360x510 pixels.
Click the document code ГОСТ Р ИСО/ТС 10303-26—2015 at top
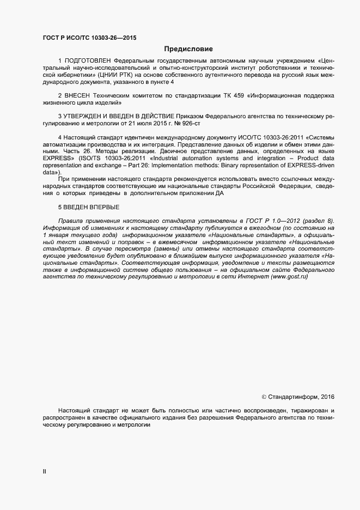pyautogui.click(x=89, y=38)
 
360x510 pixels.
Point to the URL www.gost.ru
pyautogui.click(x=290, y=277)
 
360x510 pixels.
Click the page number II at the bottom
pyautogui.click(x=44, y=472)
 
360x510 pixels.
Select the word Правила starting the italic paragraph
pyautogui.click(x=70, y=220)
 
